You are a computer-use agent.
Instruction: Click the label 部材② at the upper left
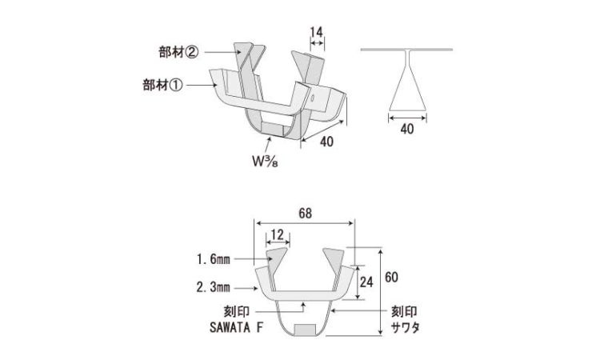pos(178,53)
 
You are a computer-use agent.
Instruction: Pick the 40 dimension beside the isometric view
pos(326,142)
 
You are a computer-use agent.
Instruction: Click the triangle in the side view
pos(406,88)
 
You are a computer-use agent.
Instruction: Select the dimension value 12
pos(277,234)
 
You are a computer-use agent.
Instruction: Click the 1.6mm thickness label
pos(214,260)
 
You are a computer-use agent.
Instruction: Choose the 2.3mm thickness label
pos(214,286)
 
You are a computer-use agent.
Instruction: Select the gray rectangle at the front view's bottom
pos(305,330)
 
